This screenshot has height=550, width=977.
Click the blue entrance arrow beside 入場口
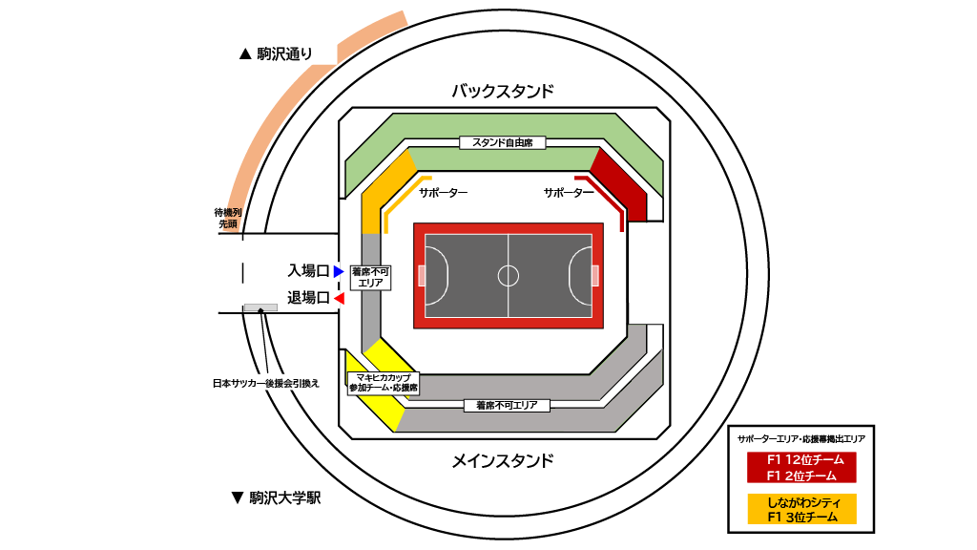(338, 272)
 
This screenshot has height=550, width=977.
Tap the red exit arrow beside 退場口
(338, 299)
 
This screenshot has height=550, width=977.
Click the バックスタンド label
(502, 92)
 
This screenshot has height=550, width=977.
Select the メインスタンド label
(502, 461)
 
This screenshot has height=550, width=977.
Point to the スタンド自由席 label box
(502, 143)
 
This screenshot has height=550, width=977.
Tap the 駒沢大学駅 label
(276, 497)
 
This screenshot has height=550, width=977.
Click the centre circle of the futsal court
(509, 276)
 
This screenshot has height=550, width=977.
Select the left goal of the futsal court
(422, 276)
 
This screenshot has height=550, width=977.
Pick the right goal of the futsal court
(595, 276)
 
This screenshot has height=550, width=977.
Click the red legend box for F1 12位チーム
(801, 467)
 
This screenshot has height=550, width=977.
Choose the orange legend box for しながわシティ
(801, 509)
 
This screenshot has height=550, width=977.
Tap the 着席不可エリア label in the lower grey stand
(507, 406)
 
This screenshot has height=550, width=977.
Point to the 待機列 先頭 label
(227, 218)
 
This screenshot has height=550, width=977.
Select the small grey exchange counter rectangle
(260, 307)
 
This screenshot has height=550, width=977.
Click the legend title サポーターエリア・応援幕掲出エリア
(801, 439)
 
